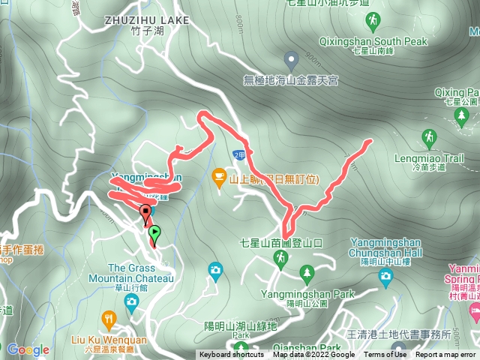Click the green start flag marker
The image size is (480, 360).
(x=154, y=233)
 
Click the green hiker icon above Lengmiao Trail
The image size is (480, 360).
(x=430, y=138)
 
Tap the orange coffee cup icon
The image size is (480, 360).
(x=220, y=178)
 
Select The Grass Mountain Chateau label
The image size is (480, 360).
(x=141, y=273)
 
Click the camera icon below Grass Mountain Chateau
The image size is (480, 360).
(x=132, y=301)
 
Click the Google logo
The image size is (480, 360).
(x=28, y=349)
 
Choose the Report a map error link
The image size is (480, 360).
(x=445, y=355)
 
